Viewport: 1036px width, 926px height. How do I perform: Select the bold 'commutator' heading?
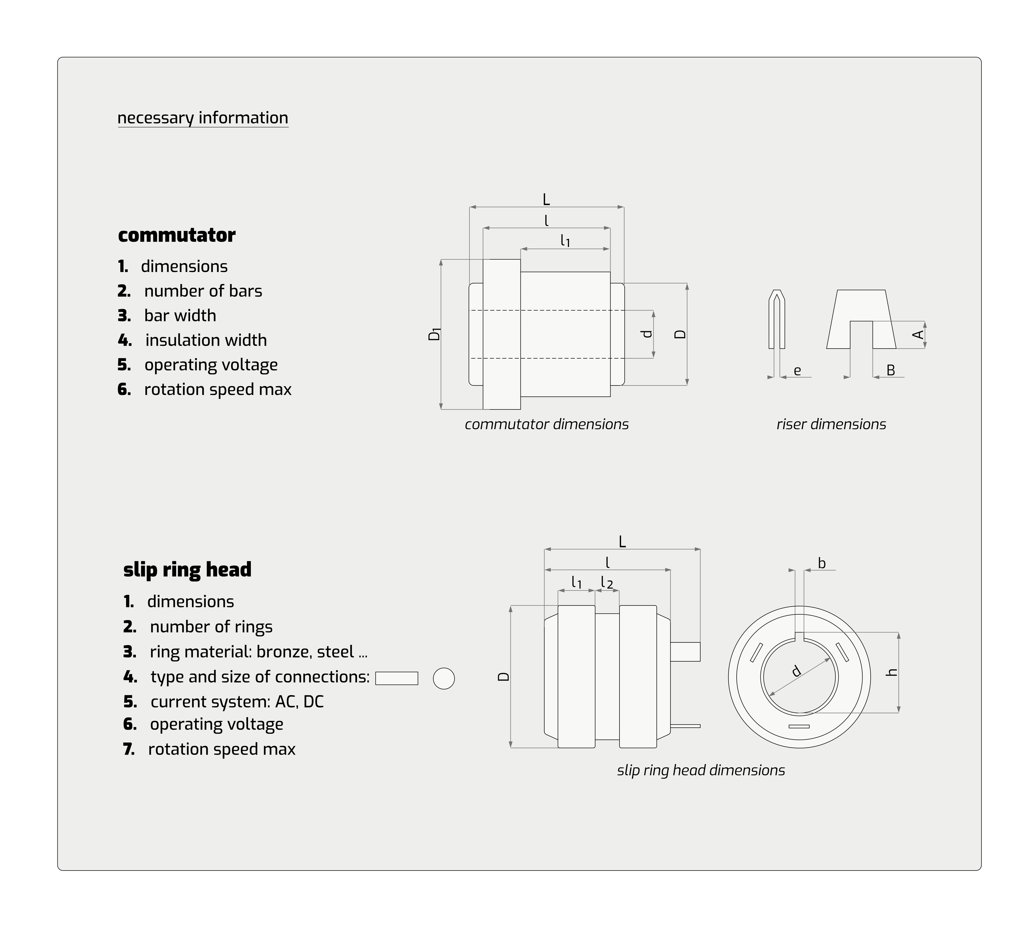point(177,235)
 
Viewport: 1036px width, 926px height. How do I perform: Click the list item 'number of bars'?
point(203,291)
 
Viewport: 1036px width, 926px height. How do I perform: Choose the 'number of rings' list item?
point(211,627)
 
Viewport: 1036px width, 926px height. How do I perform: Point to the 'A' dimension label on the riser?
point(918,334)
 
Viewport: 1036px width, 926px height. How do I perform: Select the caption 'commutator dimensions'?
point(547,424)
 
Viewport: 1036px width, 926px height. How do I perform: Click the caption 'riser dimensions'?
point(831,424)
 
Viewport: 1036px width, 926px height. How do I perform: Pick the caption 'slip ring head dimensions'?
point(701,770)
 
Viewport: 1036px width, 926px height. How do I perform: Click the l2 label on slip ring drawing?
point(607,583)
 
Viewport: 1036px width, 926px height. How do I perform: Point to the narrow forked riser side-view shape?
point(776,320)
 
